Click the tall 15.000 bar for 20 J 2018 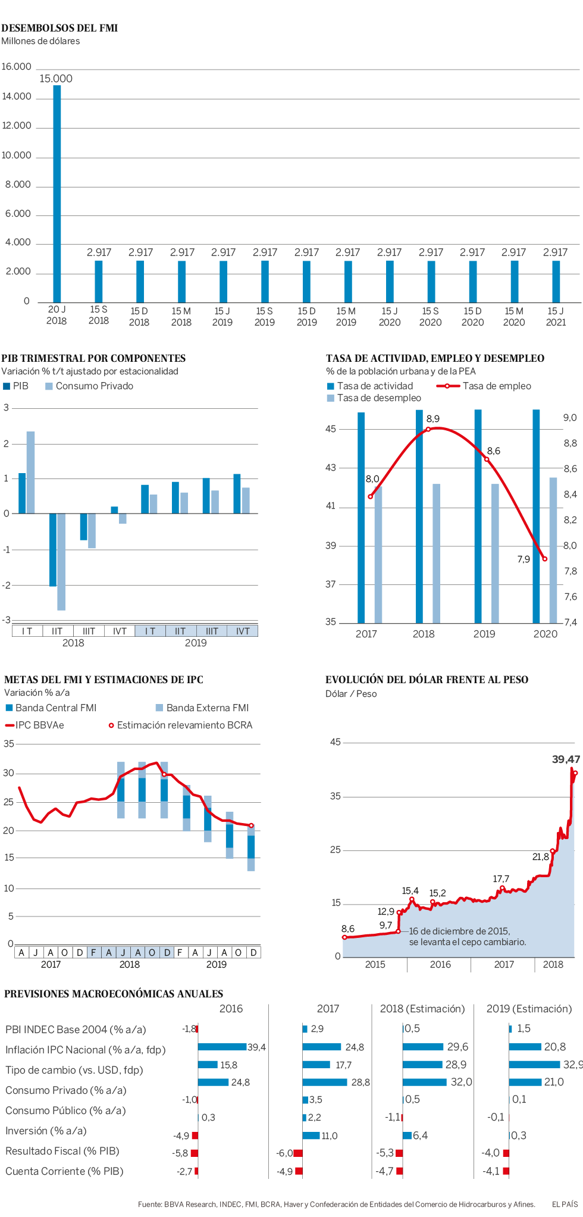click(57, 193)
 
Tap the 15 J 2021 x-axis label click(556, 317)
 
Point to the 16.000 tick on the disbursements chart click(16, 67)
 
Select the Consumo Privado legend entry click(94, 386)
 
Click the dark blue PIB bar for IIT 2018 click(53, 549)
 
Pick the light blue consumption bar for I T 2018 click(31, 472)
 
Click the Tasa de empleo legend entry click(496, 386)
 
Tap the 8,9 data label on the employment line click(433, 419)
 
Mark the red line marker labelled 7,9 click(545, 559)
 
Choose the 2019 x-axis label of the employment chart click(484, 634)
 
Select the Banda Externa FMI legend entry click(207, 708)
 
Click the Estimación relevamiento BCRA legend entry click(184, 725)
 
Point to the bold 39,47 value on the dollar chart click(566, 759)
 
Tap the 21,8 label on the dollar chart click(541, 857)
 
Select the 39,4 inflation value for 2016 click(256, 1047)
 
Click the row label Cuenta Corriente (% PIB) click(64, 1171)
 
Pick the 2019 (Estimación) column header click(529, 1009)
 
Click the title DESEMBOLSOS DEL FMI click(59, 28)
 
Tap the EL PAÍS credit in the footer click(565, 1205)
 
